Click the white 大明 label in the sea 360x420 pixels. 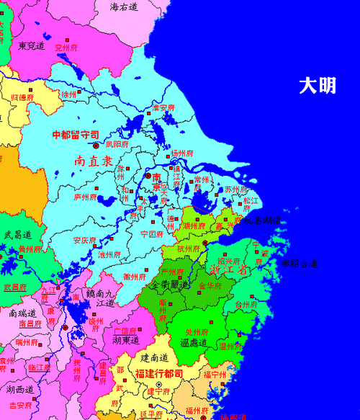point(318,86)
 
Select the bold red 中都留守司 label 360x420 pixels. point(76,135)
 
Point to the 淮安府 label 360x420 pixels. point(163,108)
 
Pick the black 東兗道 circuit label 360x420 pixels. point(32,45)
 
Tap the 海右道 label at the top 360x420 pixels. point(124,6)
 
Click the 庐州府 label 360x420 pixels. point(85,196)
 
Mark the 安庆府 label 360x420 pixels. point(85,240)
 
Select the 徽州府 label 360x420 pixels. point(135,276)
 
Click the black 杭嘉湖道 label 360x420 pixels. point(261,220)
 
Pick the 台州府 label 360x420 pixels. point(247,305)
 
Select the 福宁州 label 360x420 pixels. point(215,375)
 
